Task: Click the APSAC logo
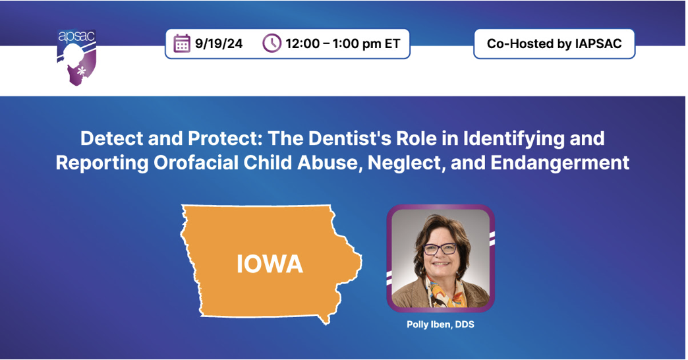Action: (77, 57)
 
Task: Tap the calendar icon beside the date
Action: (182, 44)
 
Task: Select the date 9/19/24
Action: (219, 44)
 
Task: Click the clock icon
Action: (272, 44)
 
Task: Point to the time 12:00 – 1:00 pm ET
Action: (343, 44)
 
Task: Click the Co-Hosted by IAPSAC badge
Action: (554, 44)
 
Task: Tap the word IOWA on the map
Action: (270, 264)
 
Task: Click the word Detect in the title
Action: (112, 138)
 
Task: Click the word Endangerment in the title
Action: (560, 163)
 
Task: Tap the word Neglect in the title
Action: (407, 164)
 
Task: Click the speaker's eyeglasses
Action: (440, 249)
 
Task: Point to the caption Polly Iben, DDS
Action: (440, 324)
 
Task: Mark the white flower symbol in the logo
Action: (81, 71)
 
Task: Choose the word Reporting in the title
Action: (102, 164)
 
